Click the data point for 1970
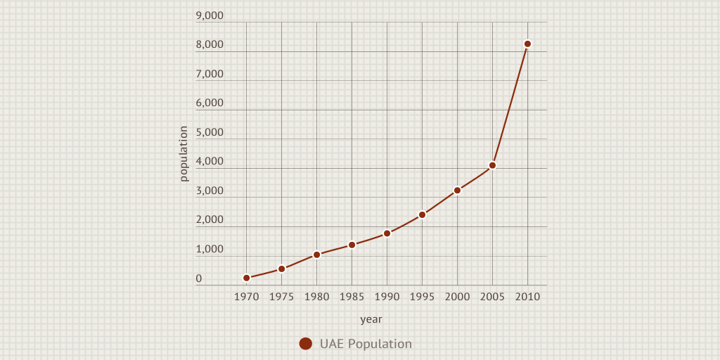tap(246, 278)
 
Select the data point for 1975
tap(281, 269)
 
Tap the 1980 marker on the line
tap(316, 255)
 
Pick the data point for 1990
tap(387, 233)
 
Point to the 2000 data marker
tap(457, 190)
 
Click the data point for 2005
tap(492, 165)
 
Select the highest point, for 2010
tap(527, 44)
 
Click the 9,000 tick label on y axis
tap(209, 15)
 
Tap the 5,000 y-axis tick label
tap(209, 132)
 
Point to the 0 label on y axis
tap(199, 278)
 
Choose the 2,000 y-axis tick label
tap(209, 219)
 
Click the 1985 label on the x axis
tap(352, 297)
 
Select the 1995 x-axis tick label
tap(422, 297)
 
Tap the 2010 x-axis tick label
tap(527, 297)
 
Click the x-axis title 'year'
tap(371, 319)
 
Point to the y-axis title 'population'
tap(184, 153)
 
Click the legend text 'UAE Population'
tap(366, 344)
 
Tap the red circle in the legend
tap(306, 344)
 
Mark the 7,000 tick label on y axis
tap(209, 74)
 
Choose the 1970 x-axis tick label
tap(246, 297)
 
